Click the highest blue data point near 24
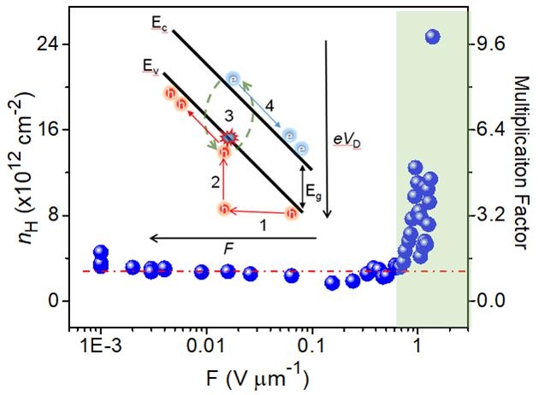pyautogui.click(x=432, y=36)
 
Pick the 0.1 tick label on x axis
pyautogui.click(x=311, y=348)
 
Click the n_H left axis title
pyautogui.click(x=19, y=171)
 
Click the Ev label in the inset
pyautogui.click(x=151, y=64)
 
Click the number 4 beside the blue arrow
pyautogui.click(x=269, y=106)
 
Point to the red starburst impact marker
pyautogui.click(x=228, y=138)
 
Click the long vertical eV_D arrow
pyautogui.click(x=326, y=128)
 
